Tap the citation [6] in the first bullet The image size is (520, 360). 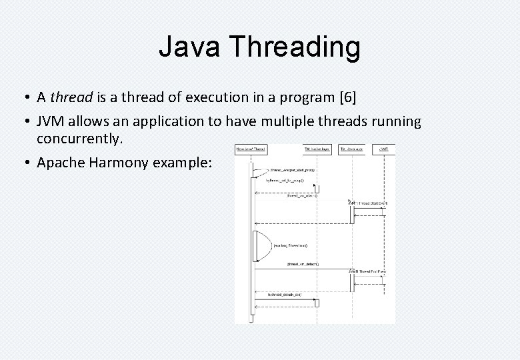point(347,97)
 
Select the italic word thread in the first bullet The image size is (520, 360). point(72,97)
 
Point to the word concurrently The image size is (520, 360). point(80,139)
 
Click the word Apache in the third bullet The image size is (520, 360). point(61,162)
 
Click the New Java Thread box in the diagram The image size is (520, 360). point(251,149)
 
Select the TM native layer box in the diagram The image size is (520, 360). point(316,149)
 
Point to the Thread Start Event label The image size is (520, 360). point(368,203)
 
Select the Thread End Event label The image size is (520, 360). point(368,271)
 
